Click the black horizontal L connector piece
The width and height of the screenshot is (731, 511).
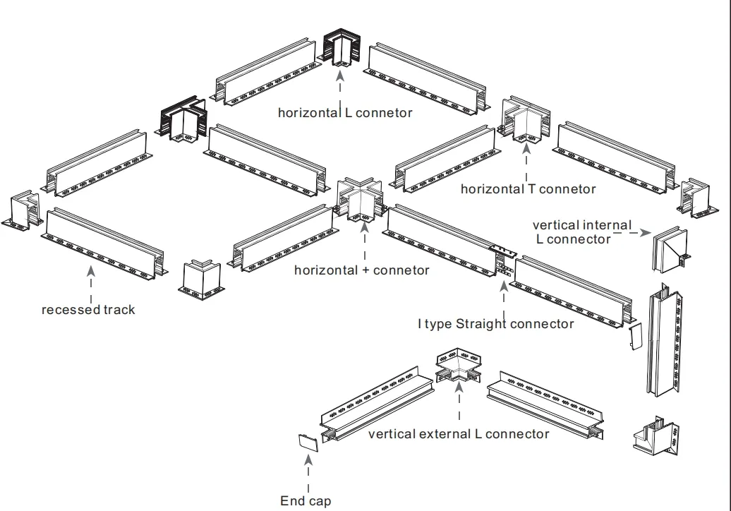pyautogui.click(x=342, y=49)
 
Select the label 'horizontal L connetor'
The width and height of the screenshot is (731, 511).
pyautogui.click(x=344, y=113)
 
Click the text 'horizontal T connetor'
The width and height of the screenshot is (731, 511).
pyautogui.click(x=528, y=189)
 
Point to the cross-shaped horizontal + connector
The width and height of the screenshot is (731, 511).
pyautogui.click(x=361, y=200)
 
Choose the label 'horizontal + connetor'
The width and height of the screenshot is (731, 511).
pyautogui.click(x=361, y=270)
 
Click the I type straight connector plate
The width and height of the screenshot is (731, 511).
pyautogui.click(x=502, y=260)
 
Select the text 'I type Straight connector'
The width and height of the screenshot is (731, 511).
pyautogui.click(x=495, y=324)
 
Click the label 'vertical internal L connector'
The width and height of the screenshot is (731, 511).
pyautogui.click(x=582, y=232)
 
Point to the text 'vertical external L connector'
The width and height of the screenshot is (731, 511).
pyautogui.click(x=458, y=434)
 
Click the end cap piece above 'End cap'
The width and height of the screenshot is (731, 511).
pyautogui.click(x=308, y=442)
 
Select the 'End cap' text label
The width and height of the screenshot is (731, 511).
pyautogui.click(x=305, y=500)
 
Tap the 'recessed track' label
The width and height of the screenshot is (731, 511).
pyautogui.click(x=88, y=310)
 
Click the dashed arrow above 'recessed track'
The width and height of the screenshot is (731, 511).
pyautogui.click(x=91, y=283)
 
